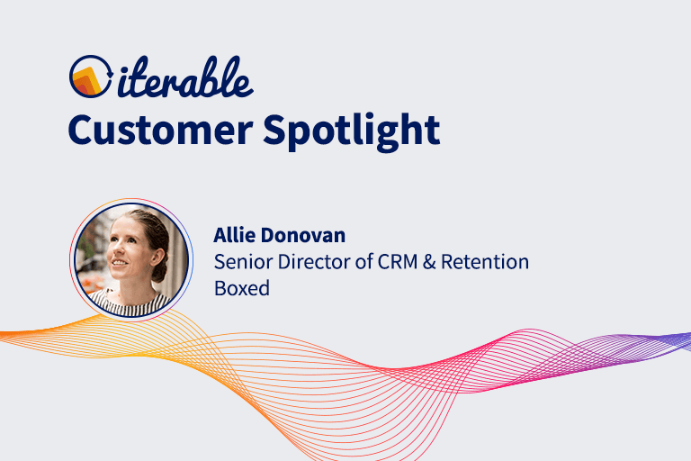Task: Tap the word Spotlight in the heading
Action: point(353,131)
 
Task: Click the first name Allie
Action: point(236,236)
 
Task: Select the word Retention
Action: point(489,262)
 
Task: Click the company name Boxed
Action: point(242,290)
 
